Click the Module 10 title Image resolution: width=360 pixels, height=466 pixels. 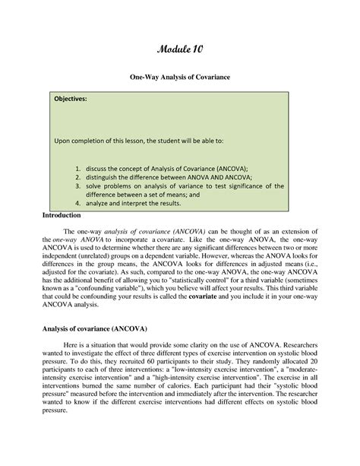[180, 50]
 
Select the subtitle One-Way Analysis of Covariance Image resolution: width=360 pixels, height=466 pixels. [180, 78]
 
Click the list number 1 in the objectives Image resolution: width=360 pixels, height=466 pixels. [78, 164]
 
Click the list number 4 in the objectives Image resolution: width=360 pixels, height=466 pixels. [78, 204]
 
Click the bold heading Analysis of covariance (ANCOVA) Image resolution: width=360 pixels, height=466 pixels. [95, 328]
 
